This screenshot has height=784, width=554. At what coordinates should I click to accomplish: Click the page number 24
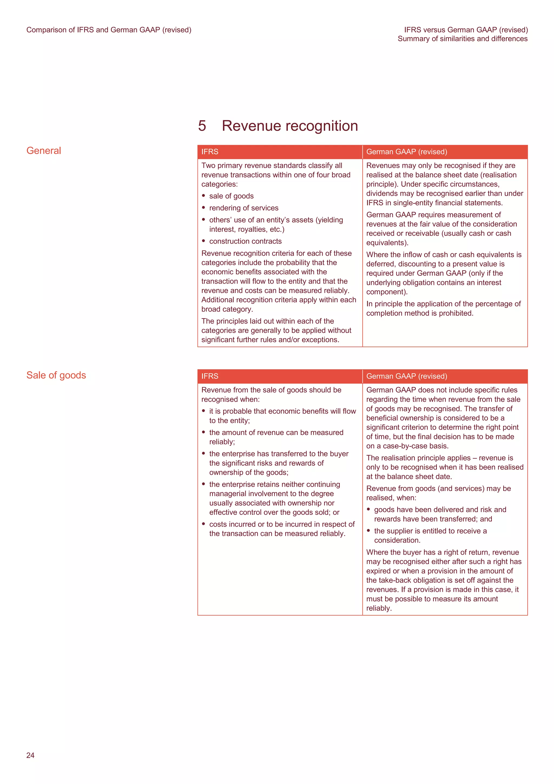click(x=30, y=755)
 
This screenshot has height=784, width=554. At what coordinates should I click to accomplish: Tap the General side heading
click(x=44, y=151)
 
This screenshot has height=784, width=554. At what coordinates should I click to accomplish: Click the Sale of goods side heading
click(x=56, y=375)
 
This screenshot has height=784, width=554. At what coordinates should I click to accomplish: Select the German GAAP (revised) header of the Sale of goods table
click(x=406, y=376)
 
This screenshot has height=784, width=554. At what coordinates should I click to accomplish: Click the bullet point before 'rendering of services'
click(x=203, y=207)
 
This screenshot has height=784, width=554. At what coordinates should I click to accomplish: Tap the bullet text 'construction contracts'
click(x=245, y=241)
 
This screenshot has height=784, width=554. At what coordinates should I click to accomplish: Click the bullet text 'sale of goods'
click(x=232, y=196)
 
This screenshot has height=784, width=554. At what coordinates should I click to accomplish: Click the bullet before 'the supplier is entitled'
click(x=368, y=531)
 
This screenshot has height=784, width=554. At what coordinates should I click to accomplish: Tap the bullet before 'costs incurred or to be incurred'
click(x=203, y=524)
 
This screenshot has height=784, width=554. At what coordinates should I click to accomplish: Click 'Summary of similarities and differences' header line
click(x=462, y=39)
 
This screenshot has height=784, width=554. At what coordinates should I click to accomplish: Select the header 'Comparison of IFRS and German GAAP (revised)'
click(x=108, y=30)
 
